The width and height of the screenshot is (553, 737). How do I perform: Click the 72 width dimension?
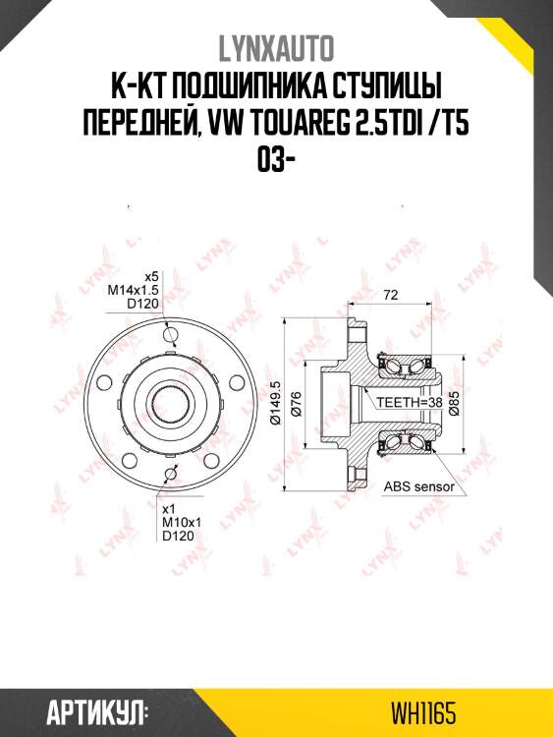coord(390,295)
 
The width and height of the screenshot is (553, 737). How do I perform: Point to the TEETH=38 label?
coord(404,402)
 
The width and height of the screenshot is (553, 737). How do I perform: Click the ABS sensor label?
coord(418,486)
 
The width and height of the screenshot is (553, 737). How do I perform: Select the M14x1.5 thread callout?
coord(134,291)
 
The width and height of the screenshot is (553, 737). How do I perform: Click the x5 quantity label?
coord(151,276)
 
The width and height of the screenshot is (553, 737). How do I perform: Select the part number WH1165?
coord(423,711)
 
